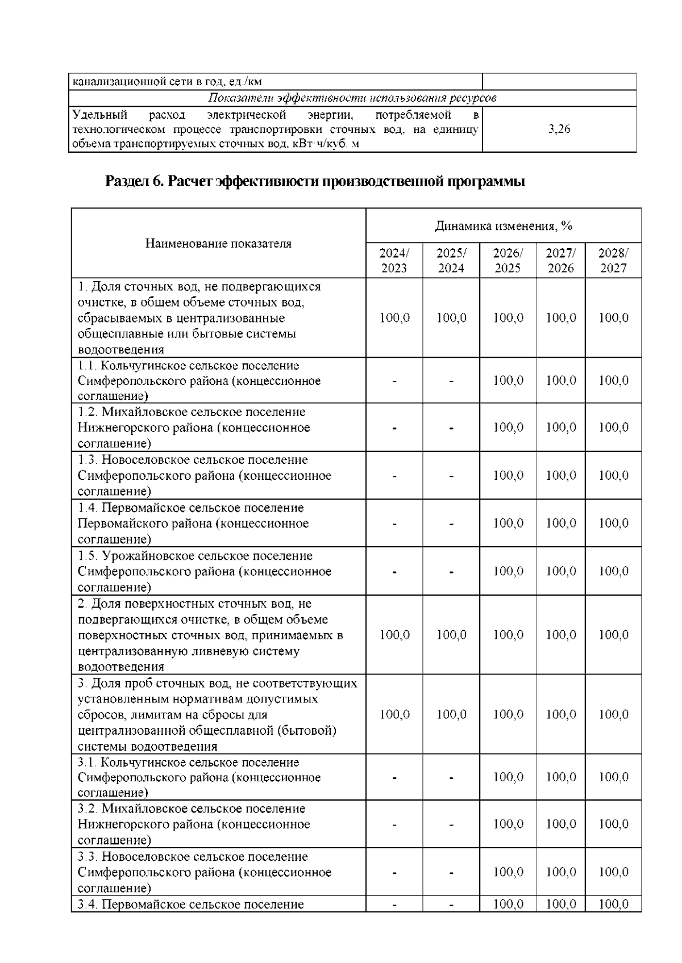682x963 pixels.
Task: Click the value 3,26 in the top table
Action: [x=559, y=129]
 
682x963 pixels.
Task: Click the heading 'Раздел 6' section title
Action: [x=315, y=182]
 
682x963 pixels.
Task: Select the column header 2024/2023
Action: [x=394, y=260]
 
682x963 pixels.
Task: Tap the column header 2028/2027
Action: [x=613, y=260]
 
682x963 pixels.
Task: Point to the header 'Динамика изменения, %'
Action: [x=504, y=226]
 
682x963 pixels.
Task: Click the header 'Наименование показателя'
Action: [x=218, y=244]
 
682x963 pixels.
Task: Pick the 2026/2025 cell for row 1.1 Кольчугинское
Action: [x=508, y=380]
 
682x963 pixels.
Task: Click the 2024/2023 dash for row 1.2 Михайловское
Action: [x=394, y=428]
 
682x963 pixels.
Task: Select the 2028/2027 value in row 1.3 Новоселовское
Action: [x=613, y=475]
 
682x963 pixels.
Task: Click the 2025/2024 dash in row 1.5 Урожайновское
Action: [x=451, y=572]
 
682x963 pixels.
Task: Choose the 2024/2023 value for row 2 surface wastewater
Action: [x=394, y=635]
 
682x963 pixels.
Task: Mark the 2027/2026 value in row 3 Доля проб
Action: [x=560, y=714]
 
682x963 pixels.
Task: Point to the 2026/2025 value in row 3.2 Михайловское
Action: [x=508, y=824]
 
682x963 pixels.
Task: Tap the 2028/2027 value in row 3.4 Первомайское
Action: [x=613, y=904]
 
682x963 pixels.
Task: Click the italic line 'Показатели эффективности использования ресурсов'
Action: [x=352, y=98]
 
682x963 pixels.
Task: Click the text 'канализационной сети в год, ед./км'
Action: [x=167, y=82]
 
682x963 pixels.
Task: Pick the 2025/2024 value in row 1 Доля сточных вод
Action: [x=451, y=318]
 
